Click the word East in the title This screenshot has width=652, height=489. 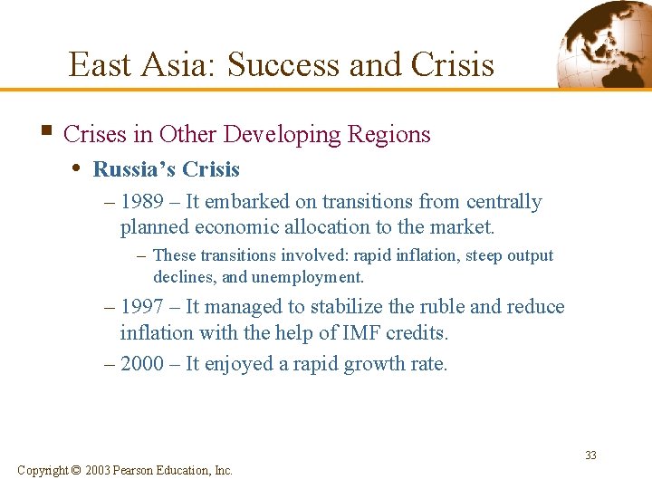coord(98,65)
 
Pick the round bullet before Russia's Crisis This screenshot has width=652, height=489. coord(80,168)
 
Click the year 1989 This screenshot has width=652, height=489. coord(142,202)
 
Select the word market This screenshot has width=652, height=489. coord(463,226)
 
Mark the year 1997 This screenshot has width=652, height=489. coord(142,307)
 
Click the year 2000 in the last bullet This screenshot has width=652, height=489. coord(142,363)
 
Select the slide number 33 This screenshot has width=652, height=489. coord(590,455)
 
